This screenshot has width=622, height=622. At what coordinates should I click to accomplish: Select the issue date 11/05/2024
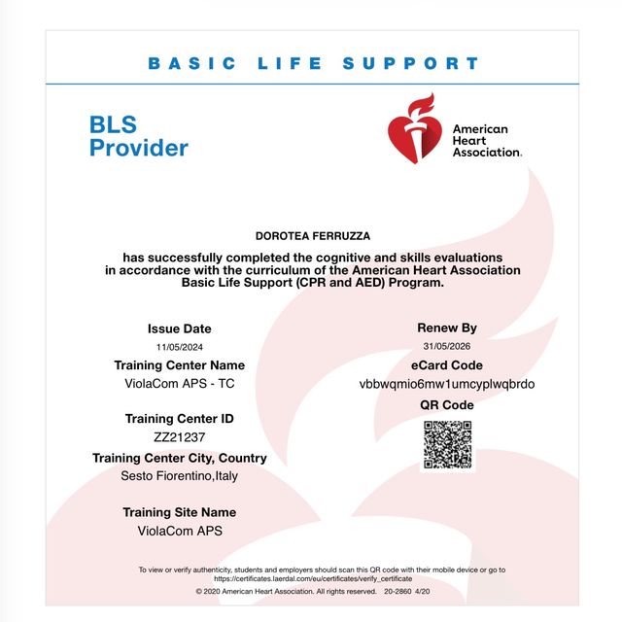[180, 347]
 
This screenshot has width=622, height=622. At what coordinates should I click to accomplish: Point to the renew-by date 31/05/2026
[447, 347]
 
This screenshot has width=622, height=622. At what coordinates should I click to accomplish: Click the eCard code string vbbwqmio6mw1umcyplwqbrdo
[447, 384]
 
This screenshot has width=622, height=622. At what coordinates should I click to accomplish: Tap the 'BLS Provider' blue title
[138, 136]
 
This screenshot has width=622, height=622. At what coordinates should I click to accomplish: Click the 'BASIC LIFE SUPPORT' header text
[313, 64]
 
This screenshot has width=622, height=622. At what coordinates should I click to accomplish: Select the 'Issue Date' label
[180, 328]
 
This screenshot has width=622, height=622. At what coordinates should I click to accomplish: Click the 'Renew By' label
[447, 328]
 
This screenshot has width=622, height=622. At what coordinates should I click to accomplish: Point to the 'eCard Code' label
[447, 365]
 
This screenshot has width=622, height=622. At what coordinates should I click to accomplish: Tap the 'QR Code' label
[447, 404]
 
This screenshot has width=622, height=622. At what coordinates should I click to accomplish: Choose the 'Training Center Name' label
[180, 365]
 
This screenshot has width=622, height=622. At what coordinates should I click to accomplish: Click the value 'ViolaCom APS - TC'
[180, 384]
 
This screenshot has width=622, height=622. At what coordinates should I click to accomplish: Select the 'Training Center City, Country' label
[180, 458]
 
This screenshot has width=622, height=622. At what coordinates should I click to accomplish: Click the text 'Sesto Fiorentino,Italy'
[180, 476]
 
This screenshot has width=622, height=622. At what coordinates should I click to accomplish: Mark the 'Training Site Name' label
[180, 512]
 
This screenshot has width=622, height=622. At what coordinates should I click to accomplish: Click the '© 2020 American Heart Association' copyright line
[285, 591]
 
